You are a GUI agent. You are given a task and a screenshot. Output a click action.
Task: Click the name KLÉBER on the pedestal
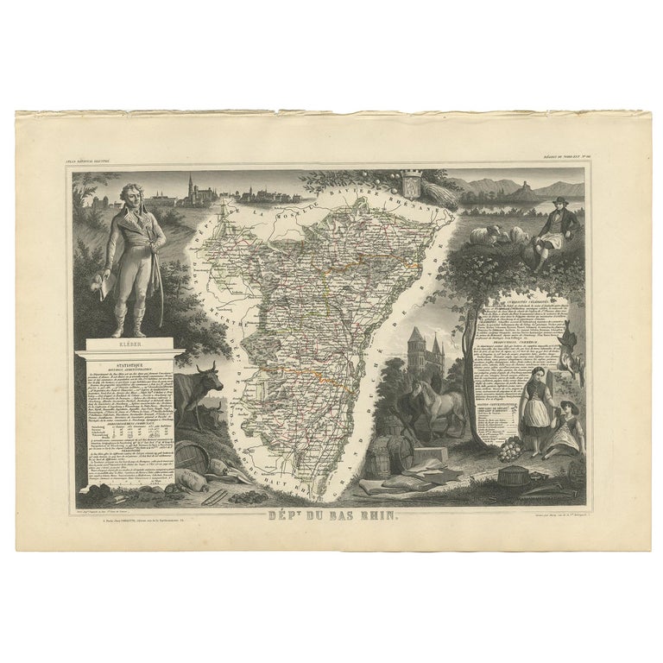pos(131,344)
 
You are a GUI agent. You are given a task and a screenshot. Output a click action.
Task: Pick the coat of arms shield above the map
pos(410,185)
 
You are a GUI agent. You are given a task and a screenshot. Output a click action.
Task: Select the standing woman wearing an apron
pos(534,406)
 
